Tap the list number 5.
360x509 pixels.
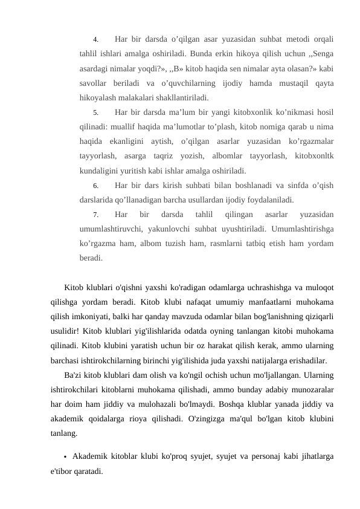coord(95,113)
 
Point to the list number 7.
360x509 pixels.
coord(95,215)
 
